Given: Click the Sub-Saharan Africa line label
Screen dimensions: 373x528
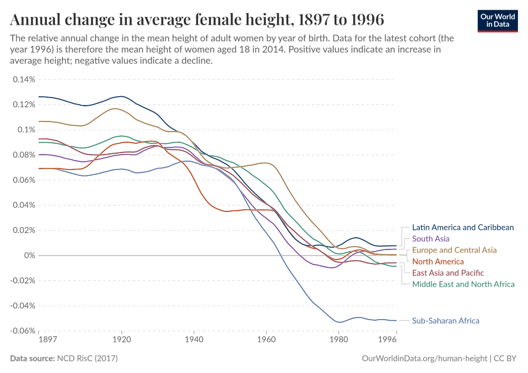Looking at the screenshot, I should coord(445,321).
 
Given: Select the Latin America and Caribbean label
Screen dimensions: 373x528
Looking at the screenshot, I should coord(463,228).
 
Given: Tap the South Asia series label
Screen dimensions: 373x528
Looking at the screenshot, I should coord(430,239).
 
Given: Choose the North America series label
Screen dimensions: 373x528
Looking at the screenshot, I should coord(438,262).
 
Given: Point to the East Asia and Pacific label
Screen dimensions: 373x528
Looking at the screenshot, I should coord(448,273).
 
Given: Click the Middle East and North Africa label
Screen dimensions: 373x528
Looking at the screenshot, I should coord(463,284).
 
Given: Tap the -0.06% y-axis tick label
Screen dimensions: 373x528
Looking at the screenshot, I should coord(22,331).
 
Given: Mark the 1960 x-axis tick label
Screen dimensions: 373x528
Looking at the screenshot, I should coord(266,339).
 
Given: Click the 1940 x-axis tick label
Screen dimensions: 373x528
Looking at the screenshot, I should coord(194,339).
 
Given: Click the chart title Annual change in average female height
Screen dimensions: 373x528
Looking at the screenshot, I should coord(197,20).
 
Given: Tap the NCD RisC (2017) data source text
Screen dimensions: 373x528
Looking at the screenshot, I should coord(87,359).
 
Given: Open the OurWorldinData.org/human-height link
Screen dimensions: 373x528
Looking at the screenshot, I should coord(425,359).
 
